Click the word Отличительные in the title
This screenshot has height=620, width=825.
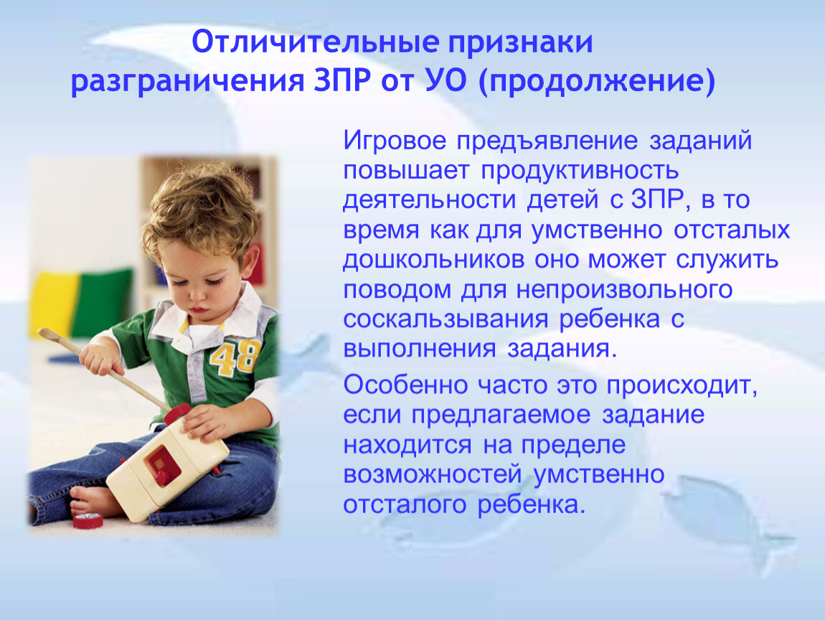[314, 42]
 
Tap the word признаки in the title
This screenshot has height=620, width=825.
[520, 43]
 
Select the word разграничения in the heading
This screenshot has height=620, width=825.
[188, 82]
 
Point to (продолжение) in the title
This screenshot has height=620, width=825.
[597, 82]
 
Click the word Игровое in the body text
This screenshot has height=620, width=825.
[395, 141]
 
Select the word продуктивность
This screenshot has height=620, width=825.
[579, 171]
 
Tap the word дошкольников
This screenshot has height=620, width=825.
[434, 260]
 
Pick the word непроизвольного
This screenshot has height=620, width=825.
[624, 290]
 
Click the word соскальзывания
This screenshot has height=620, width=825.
[445, 319]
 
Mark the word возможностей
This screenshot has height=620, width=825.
[433, 474]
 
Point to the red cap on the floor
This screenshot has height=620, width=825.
[88, 520]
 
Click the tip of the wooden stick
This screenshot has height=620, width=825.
[40, 333]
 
